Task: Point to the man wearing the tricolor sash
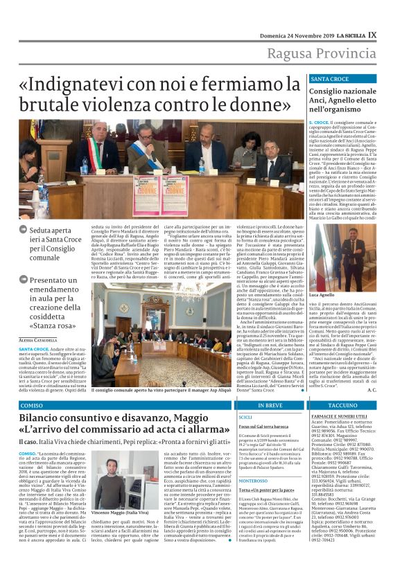click(x=94, y=148)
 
